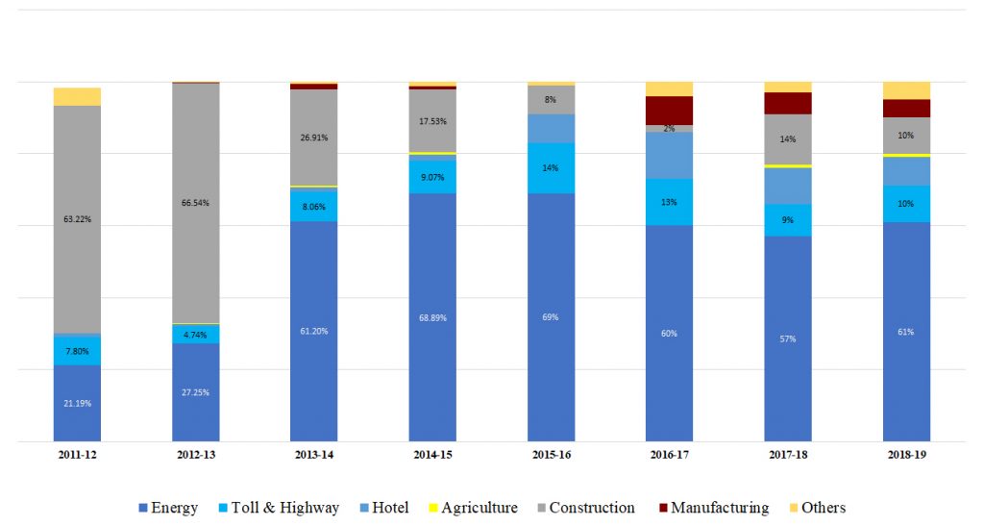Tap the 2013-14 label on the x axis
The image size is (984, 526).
tap(314, 455)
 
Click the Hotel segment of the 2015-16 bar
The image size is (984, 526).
tap(551, 128)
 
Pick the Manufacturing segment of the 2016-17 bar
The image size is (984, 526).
tap(669, 111)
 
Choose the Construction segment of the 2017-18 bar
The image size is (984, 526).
tap(788, 139)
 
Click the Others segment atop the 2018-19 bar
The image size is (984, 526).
tap(906, 90)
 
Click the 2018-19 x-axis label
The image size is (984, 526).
tap(906, 455)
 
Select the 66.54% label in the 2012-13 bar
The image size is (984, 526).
tap(196, 203)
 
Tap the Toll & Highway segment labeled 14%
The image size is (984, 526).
tap(551, 168)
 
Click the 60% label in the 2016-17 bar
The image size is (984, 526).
tap(669, 334)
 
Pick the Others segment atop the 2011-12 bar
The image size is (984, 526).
tap(77, 96)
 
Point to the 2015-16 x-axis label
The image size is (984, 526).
tap(551, 455)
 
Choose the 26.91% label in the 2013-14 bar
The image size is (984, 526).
tap(314, 138)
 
